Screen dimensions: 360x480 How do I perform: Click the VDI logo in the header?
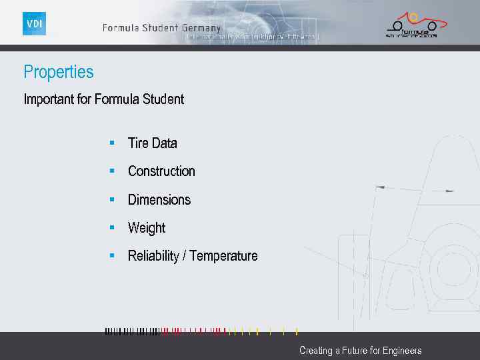[34, 23]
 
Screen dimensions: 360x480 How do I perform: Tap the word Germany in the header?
[200, 28]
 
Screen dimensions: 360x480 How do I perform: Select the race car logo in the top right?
[411, 25]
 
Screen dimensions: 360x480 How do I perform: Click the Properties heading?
[59, 72]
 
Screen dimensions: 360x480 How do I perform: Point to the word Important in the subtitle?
[49, 100]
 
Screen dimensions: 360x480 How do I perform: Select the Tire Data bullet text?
[152, 143]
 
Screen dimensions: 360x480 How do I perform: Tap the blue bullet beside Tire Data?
[112, 143]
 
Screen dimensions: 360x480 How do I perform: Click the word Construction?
[161, 171]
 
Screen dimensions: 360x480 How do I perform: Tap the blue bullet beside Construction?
[112, 171]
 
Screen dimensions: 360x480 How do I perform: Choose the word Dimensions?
[159, 200]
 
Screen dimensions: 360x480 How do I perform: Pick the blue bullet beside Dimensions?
[112, 199]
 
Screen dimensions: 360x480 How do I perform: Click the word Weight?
[146, 228]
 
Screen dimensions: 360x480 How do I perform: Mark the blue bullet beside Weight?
[112, 227]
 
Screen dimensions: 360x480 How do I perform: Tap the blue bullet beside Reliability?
[112, 255]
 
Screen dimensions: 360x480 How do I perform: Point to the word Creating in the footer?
[315, 351]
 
